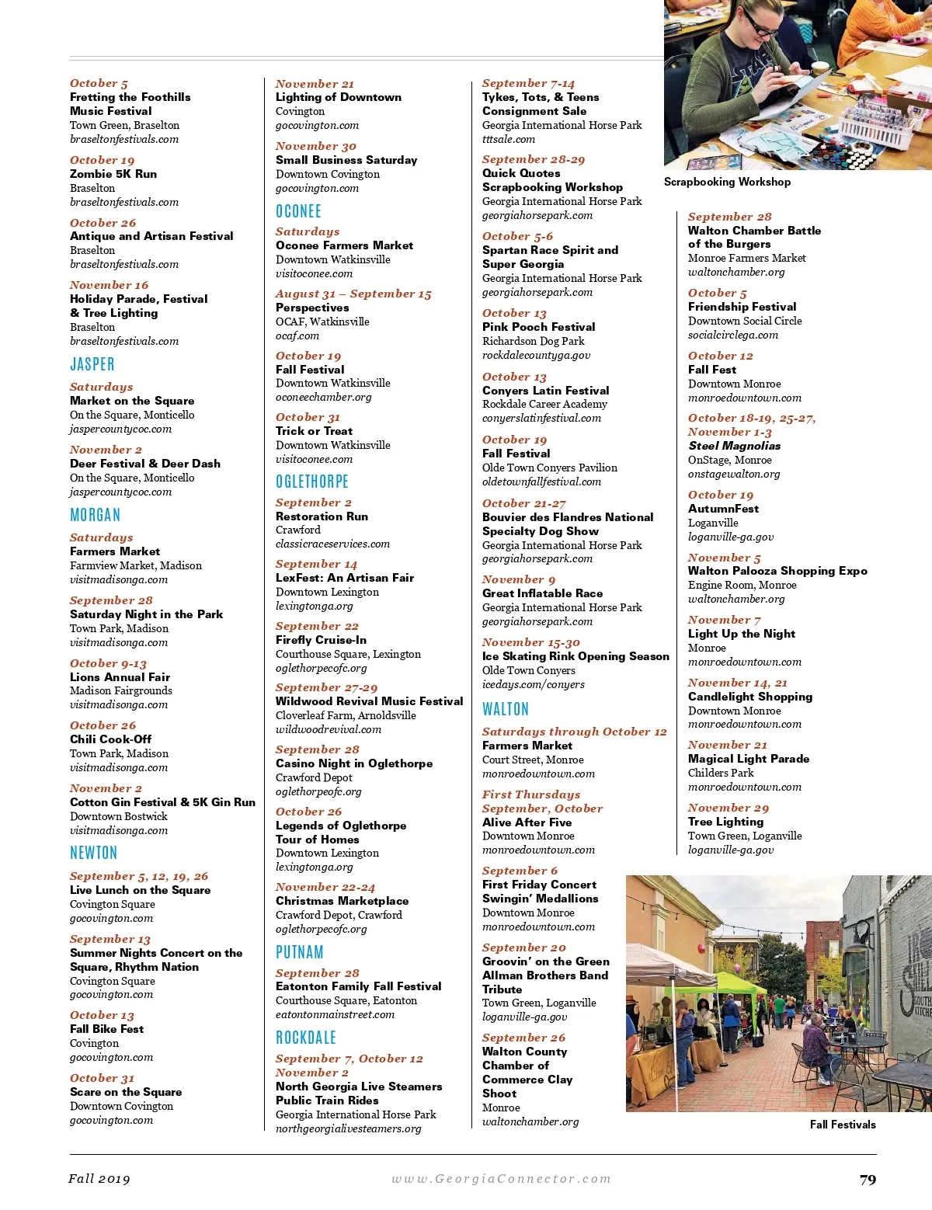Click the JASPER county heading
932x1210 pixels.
coord(92,364)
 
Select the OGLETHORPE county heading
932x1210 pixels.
coord(312,482)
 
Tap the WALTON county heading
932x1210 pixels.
coord(506,709)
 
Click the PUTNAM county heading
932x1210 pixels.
coord(300,952)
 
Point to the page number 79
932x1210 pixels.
coord(868,1180)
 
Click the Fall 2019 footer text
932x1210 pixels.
coord(99,1179)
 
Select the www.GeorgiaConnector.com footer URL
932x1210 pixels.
coord(501,1179)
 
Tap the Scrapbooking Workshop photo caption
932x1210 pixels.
coord(727,182)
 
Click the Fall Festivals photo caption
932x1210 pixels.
coord(843,1125)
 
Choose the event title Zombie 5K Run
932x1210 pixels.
coord(113,174)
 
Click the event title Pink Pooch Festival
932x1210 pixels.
coord(539,327)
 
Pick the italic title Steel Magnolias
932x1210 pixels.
coord(734,446)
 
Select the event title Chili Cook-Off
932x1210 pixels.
coord(110,739)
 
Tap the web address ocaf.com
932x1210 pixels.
coord(297,336)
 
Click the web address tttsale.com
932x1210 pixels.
coord(509,139)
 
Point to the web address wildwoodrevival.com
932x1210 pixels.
coord(329,729)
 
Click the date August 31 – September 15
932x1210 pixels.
coord(353,294)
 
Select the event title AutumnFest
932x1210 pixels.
coord(723,509)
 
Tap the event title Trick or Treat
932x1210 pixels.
coord(314,431)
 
